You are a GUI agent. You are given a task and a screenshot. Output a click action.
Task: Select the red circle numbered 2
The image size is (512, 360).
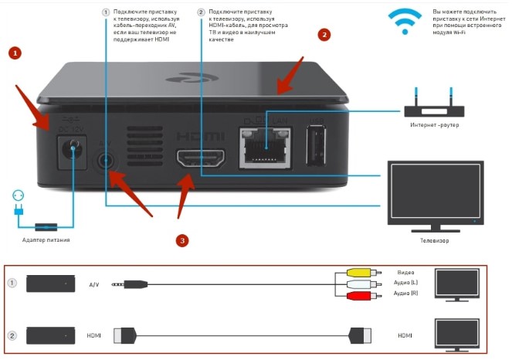(324, 35)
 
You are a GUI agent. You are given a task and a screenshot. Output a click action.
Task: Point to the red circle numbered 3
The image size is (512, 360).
(181, 240)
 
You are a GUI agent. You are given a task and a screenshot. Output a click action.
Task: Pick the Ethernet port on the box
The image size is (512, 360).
(263, 147)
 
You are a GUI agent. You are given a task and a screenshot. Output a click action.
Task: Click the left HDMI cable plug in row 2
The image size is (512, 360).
(126, 335)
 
